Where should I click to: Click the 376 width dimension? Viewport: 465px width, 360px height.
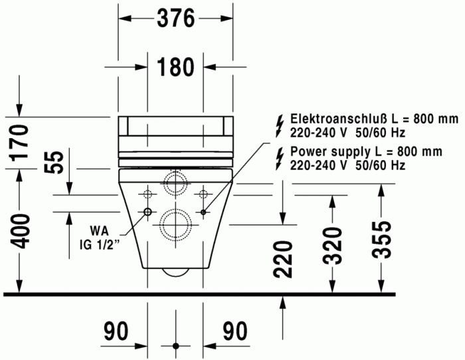[176, 19]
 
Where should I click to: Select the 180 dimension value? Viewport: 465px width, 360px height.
[175, 66]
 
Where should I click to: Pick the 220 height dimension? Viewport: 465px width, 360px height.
[284, 259]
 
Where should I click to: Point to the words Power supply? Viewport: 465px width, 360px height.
[322, 151]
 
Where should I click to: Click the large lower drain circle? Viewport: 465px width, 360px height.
[175, 223]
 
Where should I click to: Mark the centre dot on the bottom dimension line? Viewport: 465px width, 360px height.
[175, 346]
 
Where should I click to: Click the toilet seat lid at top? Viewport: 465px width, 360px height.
[175, 126]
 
